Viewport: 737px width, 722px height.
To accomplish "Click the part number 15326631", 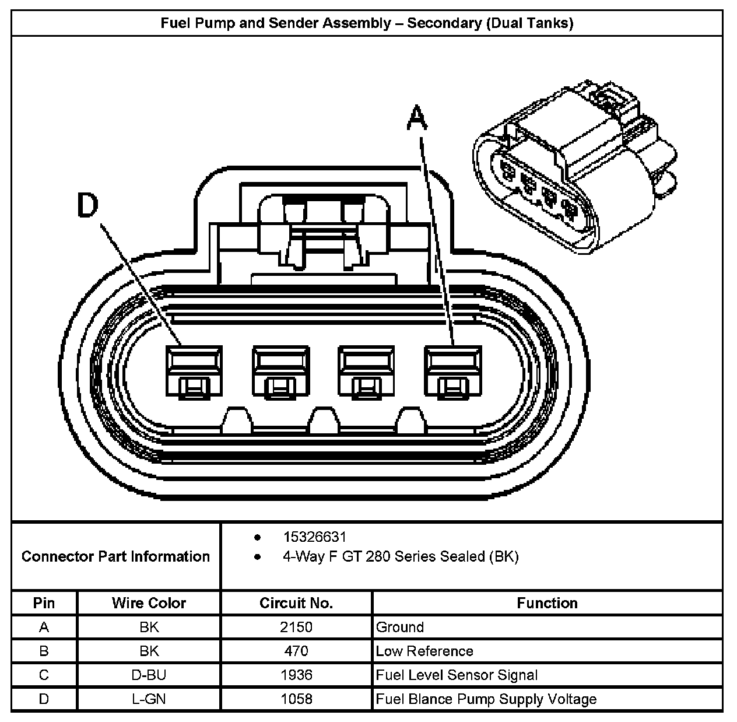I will click(314, 537).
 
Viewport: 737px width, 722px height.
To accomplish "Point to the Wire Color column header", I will click(149, 603).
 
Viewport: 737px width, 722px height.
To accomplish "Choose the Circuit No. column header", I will click(296, 603).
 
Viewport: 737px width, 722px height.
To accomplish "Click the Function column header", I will click(547, 603).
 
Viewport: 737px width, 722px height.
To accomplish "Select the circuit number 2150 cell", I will click(296, 627).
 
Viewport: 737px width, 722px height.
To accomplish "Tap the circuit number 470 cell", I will click(296, 651).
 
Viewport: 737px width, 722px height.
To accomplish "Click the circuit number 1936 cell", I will click(296, 675).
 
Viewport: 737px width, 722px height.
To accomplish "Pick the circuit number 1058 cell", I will click(296, 699).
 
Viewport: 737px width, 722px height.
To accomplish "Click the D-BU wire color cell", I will click(149, 675).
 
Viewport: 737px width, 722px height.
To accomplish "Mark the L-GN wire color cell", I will click(149, 699).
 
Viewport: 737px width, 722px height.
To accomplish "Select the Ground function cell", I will click(400, 627).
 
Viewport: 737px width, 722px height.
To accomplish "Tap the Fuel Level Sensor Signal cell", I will click(457, 675).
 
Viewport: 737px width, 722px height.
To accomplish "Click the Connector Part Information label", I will click(115, 556).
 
